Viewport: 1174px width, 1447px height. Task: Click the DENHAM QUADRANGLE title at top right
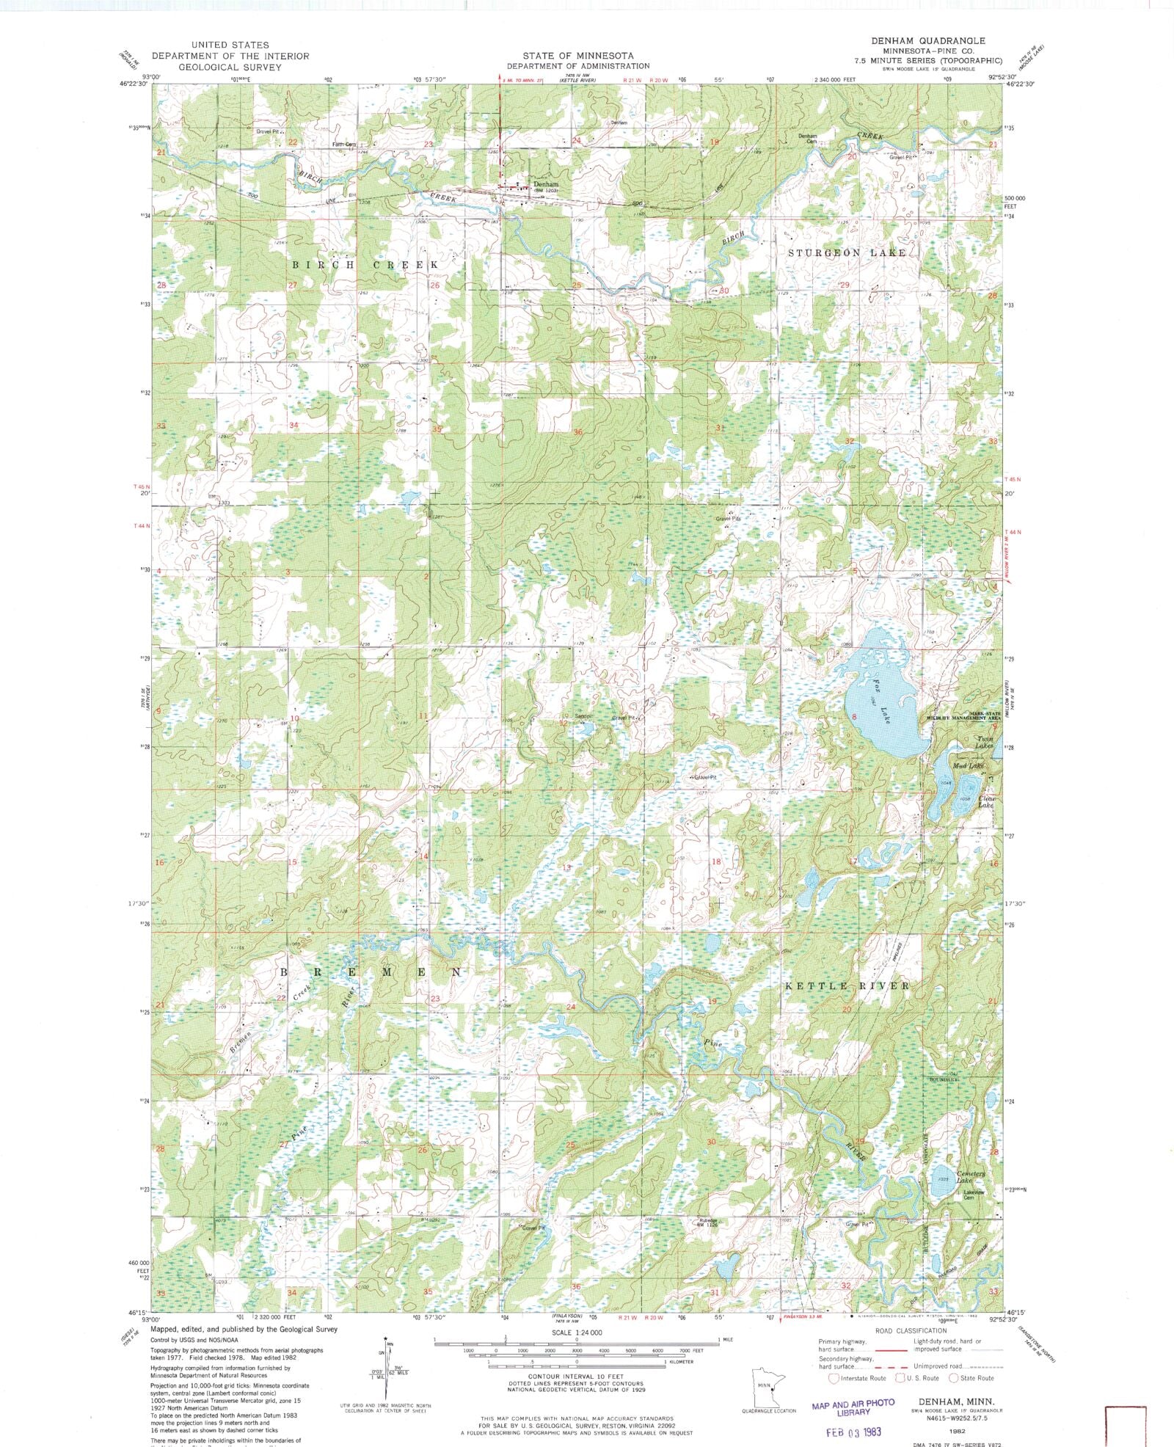928,41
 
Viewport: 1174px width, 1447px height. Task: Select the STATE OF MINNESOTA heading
578,56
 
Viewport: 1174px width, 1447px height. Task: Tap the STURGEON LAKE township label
847,253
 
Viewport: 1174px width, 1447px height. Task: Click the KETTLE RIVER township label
847,985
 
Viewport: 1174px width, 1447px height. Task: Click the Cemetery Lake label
971,1177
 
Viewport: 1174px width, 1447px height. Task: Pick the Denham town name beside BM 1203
546,184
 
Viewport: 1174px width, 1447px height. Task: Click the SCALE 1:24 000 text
578,1332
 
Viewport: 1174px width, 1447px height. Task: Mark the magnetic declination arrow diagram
387,1365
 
